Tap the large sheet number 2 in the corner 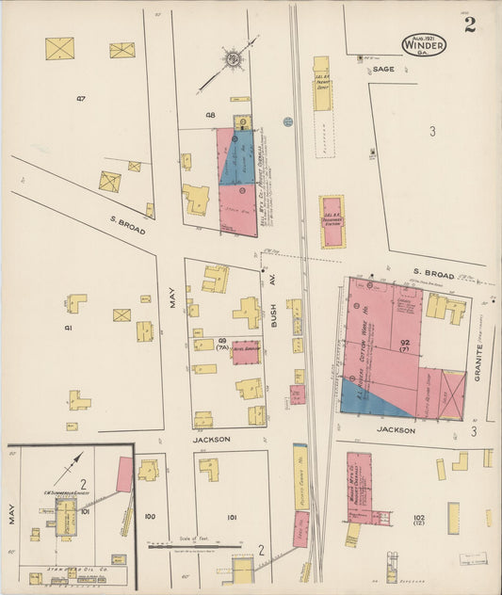(x=469, y=24)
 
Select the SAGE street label (x=382, y=69)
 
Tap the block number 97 (x=81, y=97)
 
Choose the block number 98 (x=210, y=116)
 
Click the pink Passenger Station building (x=332, y=221)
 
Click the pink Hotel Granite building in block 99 (x=246, y=351)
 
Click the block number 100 (x=149, y=516)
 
